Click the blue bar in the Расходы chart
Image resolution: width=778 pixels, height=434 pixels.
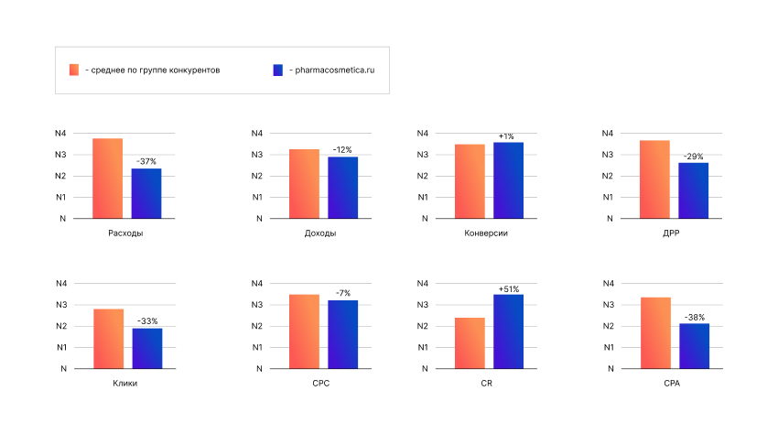click(146, 193)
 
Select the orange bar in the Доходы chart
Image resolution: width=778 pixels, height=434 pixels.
click(304, 183)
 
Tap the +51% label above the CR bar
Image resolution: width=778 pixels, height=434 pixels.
click(508, 289)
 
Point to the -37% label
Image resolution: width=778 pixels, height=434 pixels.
click(146, 161)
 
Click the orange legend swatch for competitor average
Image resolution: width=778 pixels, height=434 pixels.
click(74, 70)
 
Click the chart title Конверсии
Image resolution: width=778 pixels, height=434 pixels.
click(486, 233)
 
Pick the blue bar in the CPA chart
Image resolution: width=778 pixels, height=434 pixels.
click(694, 346)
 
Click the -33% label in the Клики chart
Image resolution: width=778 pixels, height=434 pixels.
click(146, 321)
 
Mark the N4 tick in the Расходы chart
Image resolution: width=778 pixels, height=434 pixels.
click(60, 134)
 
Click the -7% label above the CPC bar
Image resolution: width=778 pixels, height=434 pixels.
click(343, 293)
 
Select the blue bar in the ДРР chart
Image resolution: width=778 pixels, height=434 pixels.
click(694, 190)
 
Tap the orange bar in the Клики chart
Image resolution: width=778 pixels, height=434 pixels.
click(108, 339)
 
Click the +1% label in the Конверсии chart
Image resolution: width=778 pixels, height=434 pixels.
click(506, 136)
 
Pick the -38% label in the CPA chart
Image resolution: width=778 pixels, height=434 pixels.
click(694, 317)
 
